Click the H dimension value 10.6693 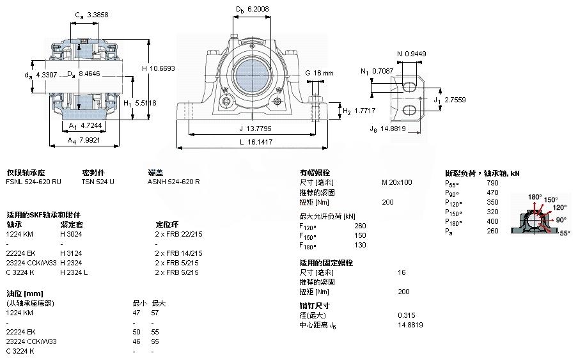pos(162,68)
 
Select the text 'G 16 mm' pos(319,74)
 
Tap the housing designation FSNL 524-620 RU pos(34,182)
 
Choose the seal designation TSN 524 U pos(98,182)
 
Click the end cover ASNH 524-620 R pos(173,182)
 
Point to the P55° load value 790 pos(492,183)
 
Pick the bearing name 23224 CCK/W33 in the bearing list pos(31,263)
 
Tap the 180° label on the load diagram pos(534,197)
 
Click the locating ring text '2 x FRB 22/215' pos(178,234)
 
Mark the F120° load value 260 pos(360,225)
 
